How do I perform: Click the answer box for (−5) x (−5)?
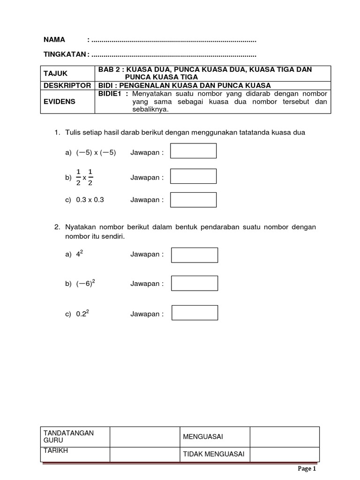[193, 151]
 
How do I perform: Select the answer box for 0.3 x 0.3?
[193, 200]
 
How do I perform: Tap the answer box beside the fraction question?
[193, 176]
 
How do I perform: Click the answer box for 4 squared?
[195, 255]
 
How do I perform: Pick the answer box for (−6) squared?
[195, 283]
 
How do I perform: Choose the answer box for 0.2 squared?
[195, 313]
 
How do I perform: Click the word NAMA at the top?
[54, 39]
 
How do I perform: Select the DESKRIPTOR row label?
[67, 85]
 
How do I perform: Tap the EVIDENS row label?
[59, 101]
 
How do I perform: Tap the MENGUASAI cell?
[203, 437]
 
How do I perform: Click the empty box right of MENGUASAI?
[285, 437]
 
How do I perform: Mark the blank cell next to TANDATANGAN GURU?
[145, 437]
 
